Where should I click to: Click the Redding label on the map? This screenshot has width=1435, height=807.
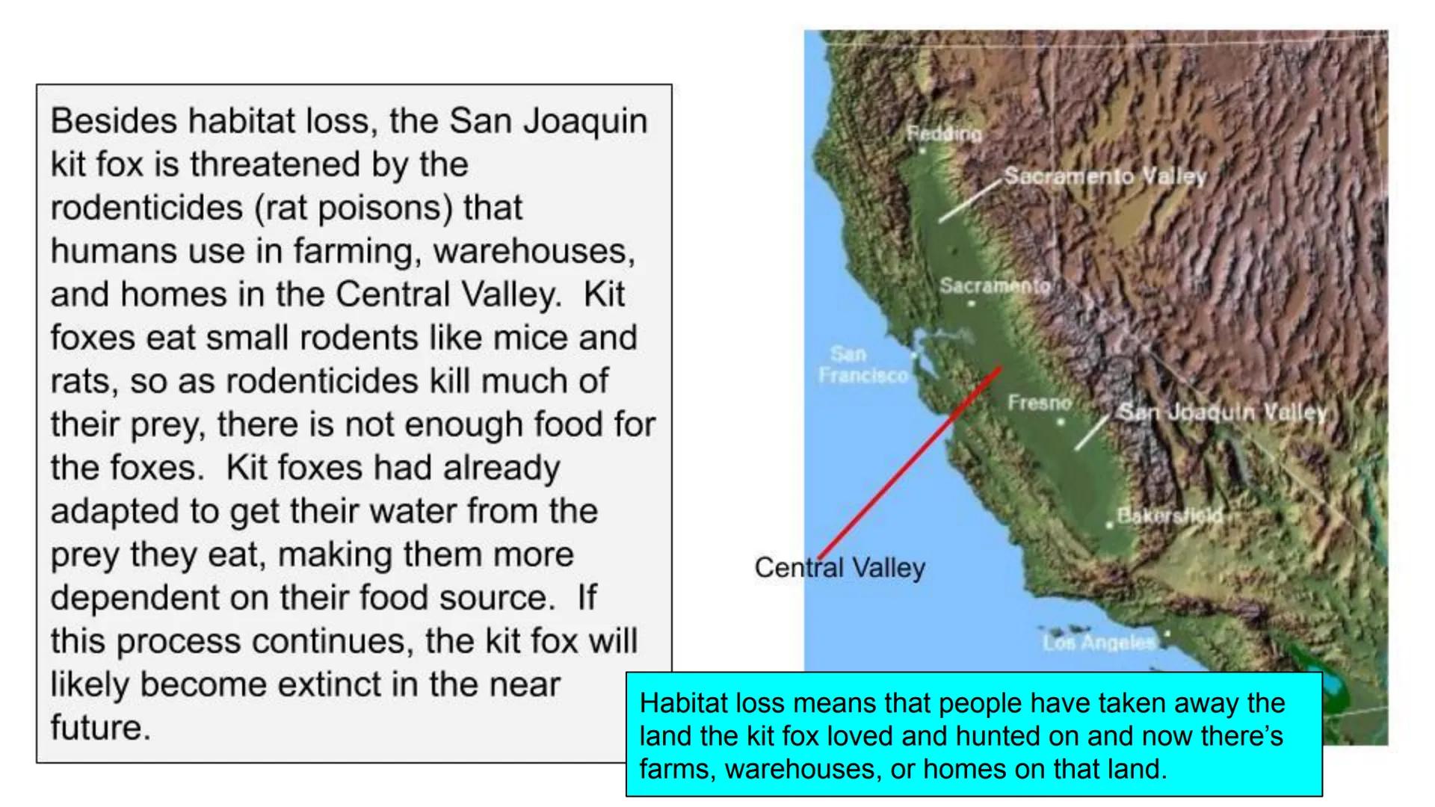click(x=944, y=134)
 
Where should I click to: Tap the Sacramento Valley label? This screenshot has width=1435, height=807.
click(x=1105, y=176)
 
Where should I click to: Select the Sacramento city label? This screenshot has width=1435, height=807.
click(x=995, y=285)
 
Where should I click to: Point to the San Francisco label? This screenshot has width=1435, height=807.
click(x=863, y=364)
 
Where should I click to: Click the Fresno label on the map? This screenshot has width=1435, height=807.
click(x=1039, y=403)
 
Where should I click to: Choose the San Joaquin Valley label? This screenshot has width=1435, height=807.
click(x=1222, y=412)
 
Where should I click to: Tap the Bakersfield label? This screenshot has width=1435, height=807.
click(x=1170, y=515)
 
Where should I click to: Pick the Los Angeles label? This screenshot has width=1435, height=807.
click(x=1099, y=642)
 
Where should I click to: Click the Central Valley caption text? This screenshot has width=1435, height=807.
click(x=839, y=568)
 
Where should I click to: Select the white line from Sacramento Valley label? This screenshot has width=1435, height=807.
click(x=969, y=201)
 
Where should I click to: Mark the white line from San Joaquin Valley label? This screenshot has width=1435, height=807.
click(x=1092, y=433)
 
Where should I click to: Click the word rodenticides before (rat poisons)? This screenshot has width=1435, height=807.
click(x=146, y=208)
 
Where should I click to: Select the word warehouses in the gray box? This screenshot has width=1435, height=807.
click(x=534, y=251)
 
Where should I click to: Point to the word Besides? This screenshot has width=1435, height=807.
click(x=113, y=121)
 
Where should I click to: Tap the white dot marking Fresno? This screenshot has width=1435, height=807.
click(x=1060, y=423)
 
